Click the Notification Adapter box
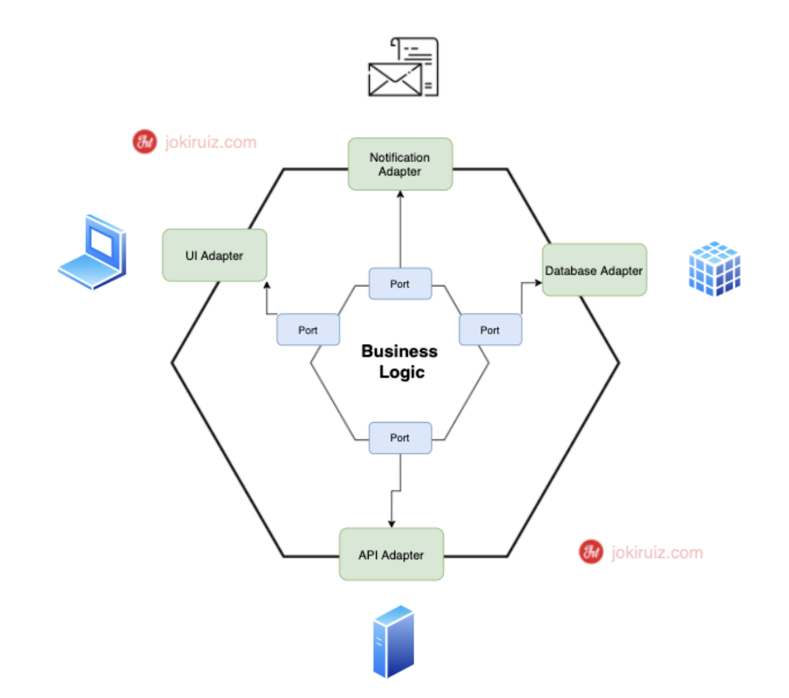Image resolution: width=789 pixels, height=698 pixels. click(x=400, y=164)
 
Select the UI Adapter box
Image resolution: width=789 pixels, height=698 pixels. click(x=214, y=255)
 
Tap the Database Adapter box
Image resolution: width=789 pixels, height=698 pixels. click(x=594, y=270)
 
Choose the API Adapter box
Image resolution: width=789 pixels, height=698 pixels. click(x=391, y=555)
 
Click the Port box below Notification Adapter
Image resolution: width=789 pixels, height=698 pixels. click(x=400, y=283)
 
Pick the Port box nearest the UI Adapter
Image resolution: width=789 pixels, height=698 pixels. click(x=307, y=330)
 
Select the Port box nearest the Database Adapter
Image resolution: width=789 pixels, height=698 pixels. click(x=490, y=330)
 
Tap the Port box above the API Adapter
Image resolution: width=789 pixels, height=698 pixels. click(x=400, y=438)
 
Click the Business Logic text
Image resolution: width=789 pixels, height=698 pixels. click(x=399, y=362)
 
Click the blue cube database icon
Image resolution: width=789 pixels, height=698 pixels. click(x=713, y=268)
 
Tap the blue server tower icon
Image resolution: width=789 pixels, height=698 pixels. click(x=393, y=641)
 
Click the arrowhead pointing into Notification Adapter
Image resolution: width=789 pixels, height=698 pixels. click(x=400, y=194)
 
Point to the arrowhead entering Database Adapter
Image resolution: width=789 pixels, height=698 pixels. click(x=538, y=281)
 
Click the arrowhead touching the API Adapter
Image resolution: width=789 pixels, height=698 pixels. click(x=391, y=524)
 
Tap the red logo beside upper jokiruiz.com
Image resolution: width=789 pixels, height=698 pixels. click(x=144, y=143)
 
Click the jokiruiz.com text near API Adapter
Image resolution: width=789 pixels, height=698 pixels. click(x=657, y=552)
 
